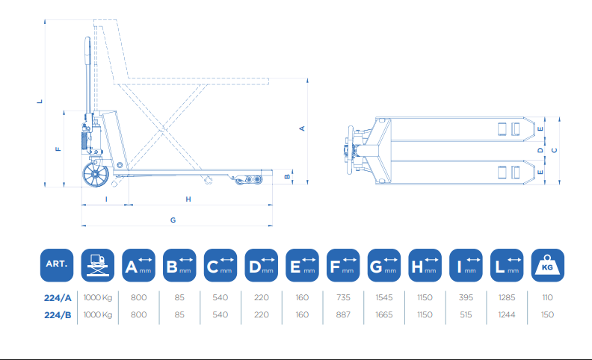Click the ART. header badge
(57, 265)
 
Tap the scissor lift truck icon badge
(97, 265)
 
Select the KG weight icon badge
(547, 265)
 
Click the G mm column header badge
(384, 265)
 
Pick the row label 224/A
(58, 298)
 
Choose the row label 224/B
(58, 314)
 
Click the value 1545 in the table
(384, 297)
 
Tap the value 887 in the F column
(343, 314)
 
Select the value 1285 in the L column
(507, 297)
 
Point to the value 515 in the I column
(466, 314)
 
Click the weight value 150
(547, 314)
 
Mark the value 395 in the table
(466, 297)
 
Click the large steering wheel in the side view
(96, 174)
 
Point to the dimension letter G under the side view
(173, 220)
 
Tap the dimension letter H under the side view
(188, 199)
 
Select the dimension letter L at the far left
(40, 101)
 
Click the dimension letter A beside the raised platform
(302, 128)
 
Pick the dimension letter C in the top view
(554, 150)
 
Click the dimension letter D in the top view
(540, 150)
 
